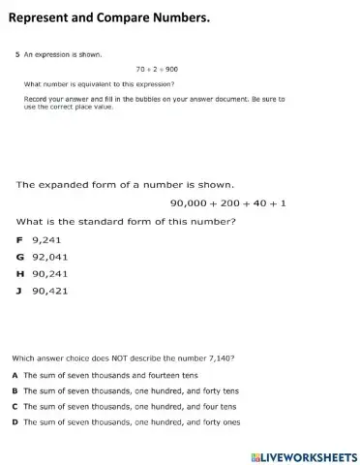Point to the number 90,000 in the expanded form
coord(190,202)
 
